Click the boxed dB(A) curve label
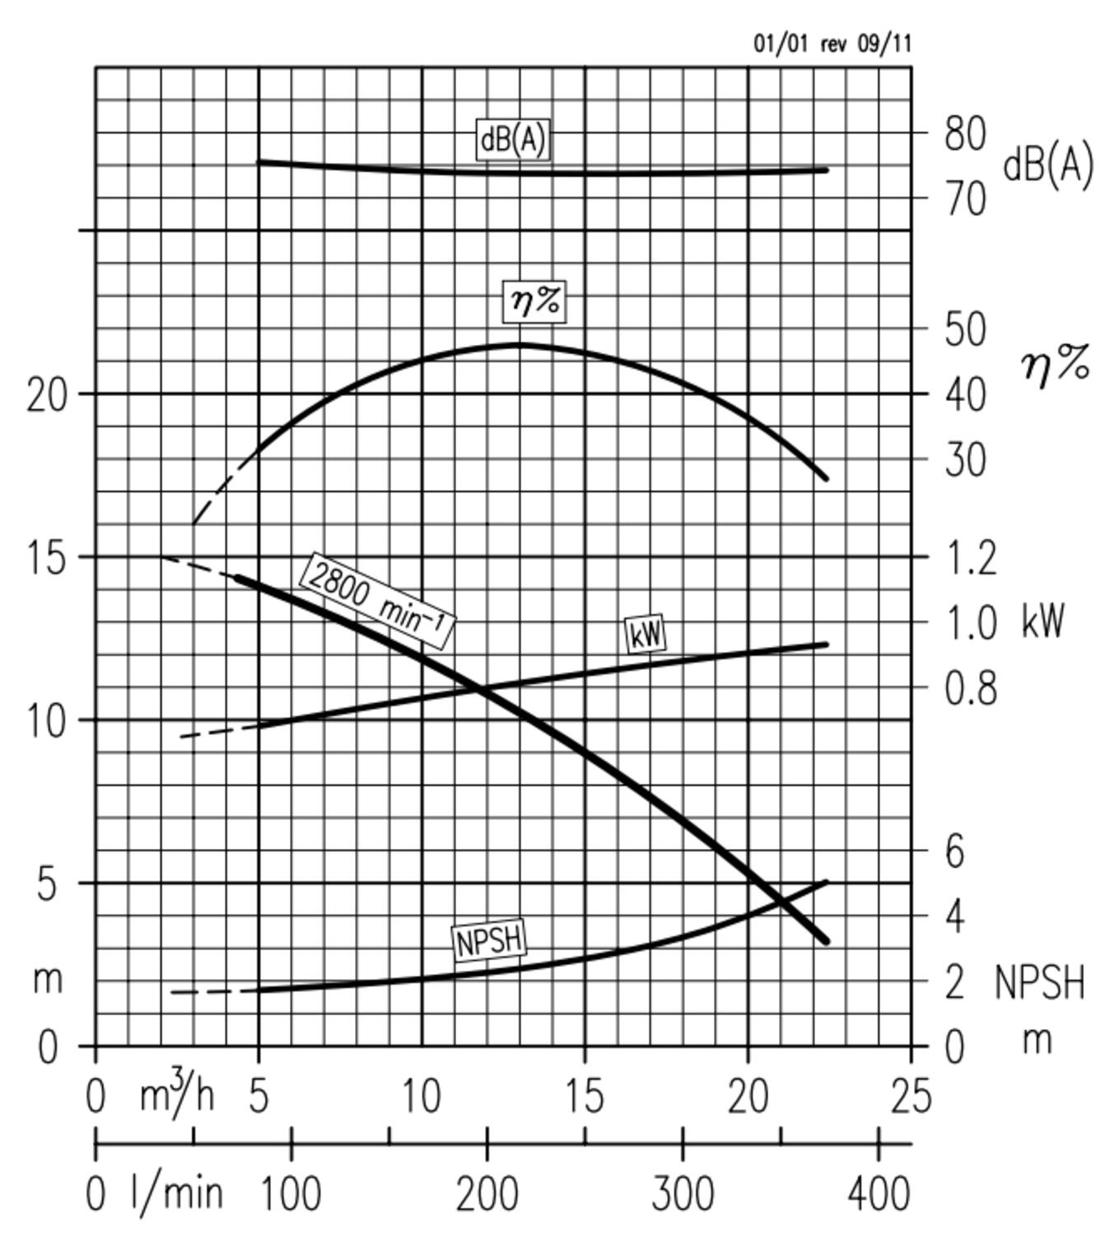coord(511,139)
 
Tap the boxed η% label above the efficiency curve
coord(535,301)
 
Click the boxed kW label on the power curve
coord(646,634)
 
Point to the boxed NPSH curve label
coord(489,940)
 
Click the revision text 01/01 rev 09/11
coord(832,44)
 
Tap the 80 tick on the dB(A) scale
coord(964,133)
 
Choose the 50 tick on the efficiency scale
coord(964,329)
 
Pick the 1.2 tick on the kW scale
coord(970,557)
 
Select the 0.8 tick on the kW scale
coord(970,687)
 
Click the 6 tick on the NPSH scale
coord(955,851)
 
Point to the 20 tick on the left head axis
coord(47,396)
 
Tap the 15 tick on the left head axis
coord(47,559)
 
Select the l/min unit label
coord(177,1193)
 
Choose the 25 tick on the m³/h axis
coord(911,1098)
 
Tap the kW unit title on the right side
coord(1043,621)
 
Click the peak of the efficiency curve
coord(519,344)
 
